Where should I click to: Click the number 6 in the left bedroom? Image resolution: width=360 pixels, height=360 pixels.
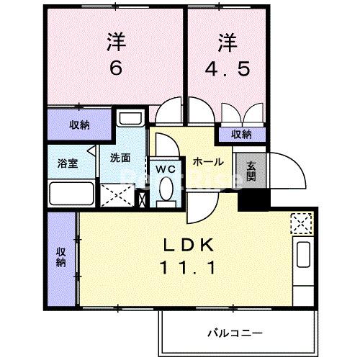point(116,68)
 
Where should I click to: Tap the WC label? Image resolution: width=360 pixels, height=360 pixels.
point(166,168)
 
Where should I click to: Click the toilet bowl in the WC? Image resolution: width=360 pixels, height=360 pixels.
point(166,189)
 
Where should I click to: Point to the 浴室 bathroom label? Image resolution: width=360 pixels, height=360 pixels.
point(67,163)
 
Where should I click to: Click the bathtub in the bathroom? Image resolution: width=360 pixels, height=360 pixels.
point(71,195)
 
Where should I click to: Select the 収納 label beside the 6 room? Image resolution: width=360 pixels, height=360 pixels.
point(79,125)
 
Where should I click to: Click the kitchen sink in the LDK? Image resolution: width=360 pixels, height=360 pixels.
point(302,256)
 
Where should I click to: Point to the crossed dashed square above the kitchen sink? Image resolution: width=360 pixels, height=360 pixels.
point(300,225)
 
